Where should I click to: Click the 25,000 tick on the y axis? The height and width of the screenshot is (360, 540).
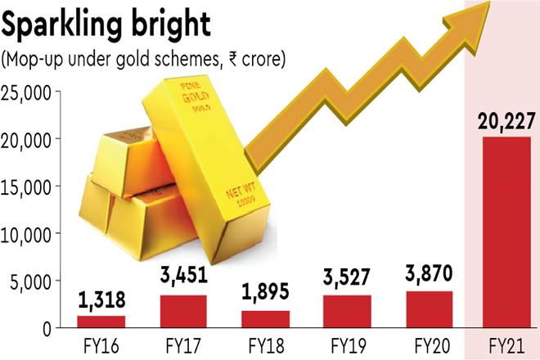pyautogui.click(x=28, y=92)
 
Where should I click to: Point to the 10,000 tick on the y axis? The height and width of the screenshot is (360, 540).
pyautogui.click(x=28, y=233)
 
